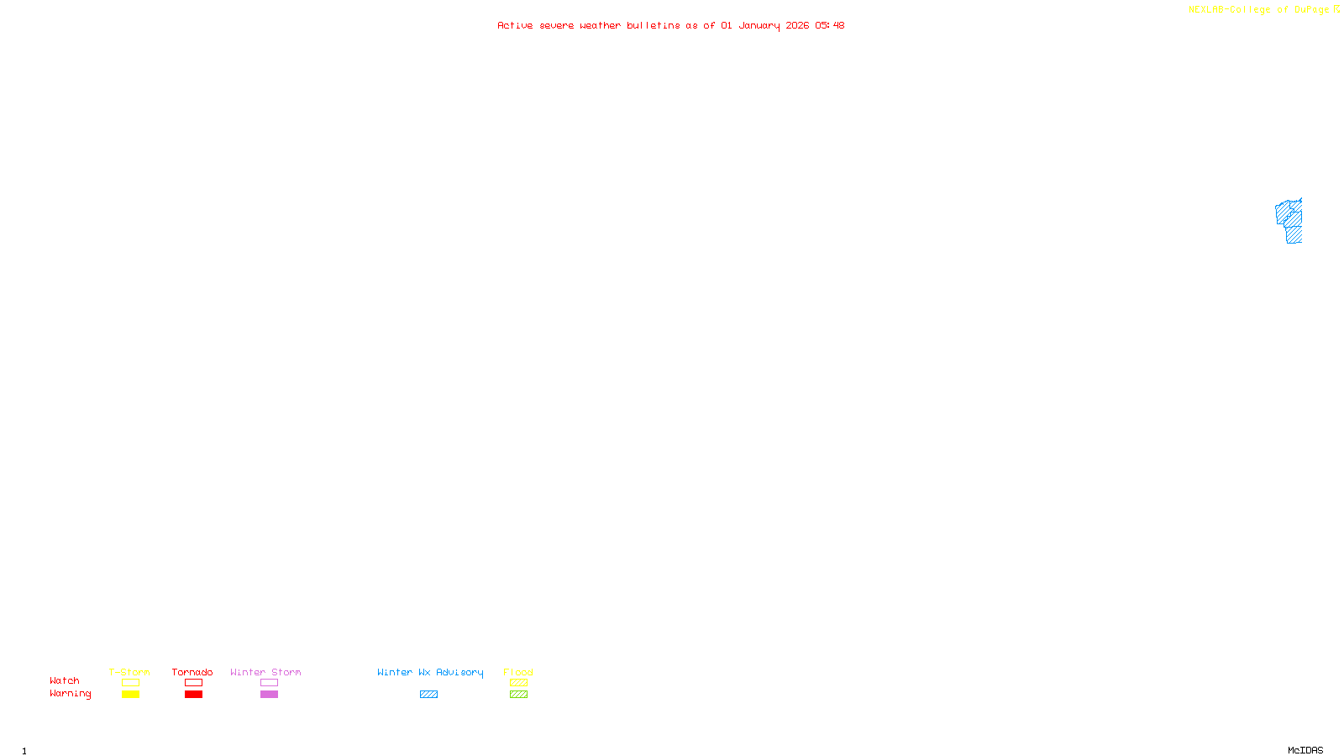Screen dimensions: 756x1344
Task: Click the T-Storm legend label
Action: point(129,672)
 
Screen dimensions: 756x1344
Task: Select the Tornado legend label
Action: point(192,672)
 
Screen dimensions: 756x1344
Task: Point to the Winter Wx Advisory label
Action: point(430,672)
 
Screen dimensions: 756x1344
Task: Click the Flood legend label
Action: point(518,672)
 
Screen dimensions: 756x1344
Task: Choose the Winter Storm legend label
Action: point(265,672)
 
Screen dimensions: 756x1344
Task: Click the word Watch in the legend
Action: point(65,680)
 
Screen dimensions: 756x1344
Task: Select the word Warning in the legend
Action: point(70,694)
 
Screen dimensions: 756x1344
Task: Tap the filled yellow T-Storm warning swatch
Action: point(130,695)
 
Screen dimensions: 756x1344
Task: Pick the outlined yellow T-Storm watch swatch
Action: point(130,683)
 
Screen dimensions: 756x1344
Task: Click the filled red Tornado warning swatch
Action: point(194,695)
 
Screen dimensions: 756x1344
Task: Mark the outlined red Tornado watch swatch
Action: point(194,683)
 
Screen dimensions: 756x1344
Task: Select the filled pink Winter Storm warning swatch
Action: point(269,695)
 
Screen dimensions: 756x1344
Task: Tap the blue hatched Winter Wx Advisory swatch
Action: point(428,695)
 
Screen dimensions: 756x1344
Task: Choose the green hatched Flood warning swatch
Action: point(518,695)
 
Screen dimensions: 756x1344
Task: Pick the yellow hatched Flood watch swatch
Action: point(518,683)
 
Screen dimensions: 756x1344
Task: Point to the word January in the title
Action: point(759,25)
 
